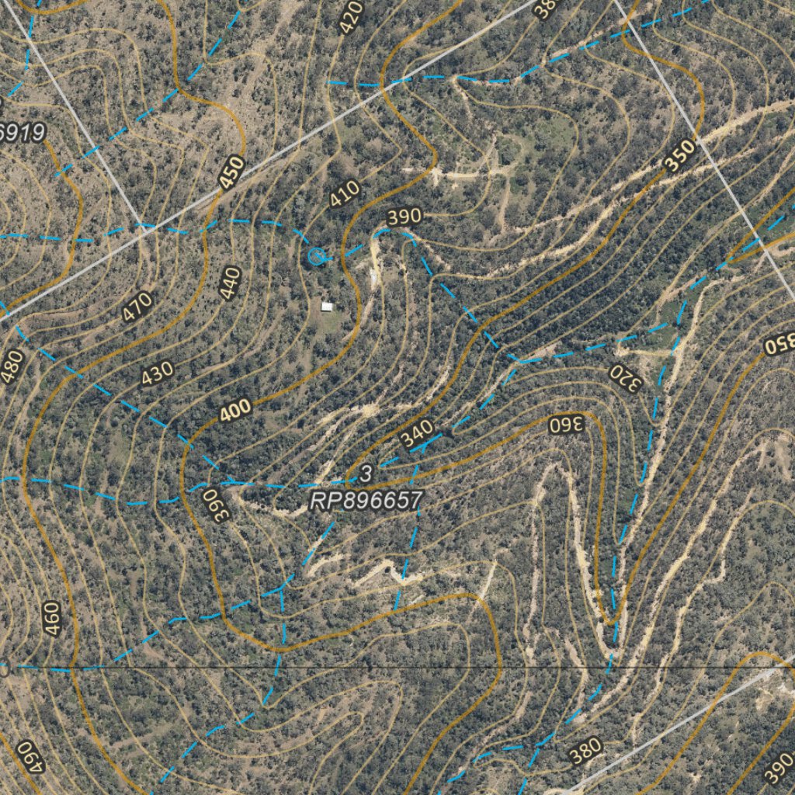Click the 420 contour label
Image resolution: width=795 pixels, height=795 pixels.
point(352,16)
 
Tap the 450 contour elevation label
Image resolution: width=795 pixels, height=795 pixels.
point(231,173)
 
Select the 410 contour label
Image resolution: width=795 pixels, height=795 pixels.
point(345,194)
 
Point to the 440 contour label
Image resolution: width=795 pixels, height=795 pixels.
point(231,283)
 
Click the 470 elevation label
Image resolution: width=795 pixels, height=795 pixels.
point(137,307)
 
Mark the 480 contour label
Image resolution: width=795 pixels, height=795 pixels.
point(13,366)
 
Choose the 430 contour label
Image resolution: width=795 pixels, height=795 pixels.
point(157,374)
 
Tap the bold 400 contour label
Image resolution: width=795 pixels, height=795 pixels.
point(235,411)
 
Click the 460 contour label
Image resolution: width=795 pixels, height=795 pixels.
point(52,619)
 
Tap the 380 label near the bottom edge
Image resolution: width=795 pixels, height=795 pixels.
point(585,750)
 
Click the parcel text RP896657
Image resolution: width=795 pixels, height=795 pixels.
point(365,502)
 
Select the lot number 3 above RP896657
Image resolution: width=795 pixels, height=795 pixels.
point(366,473)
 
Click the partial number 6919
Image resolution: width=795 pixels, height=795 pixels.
point(22,132)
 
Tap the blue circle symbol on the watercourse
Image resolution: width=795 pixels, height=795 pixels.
point(315,255)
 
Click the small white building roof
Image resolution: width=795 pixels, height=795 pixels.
point(328,307)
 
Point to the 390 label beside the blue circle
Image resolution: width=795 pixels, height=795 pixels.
point(404,217)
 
